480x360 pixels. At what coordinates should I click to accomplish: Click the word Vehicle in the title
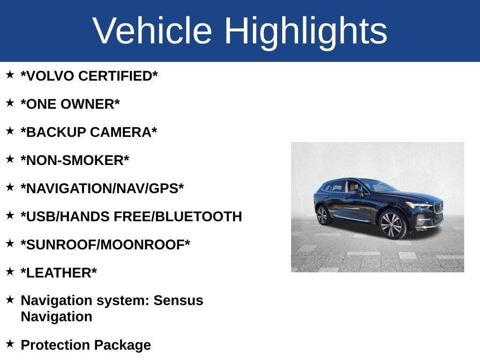(152, 31)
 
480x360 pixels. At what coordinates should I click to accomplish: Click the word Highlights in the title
(306, 31)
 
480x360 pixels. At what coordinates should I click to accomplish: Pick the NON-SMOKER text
(75, 160)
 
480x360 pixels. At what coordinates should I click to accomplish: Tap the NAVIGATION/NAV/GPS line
(102, 188)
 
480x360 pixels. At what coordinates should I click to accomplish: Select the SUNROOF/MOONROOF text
(105, 245)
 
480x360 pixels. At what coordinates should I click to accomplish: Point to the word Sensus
(179, 300)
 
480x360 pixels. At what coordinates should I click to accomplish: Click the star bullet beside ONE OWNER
(10, 103)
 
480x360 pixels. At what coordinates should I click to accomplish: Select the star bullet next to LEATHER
(10, 271)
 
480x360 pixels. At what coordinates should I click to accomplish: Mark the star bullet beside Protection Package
(10, 344)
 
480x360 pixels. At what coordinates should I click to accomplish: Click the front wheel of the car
(393, 225)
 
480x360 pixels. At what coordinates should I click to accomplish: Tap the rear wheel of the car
(322, 216)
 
